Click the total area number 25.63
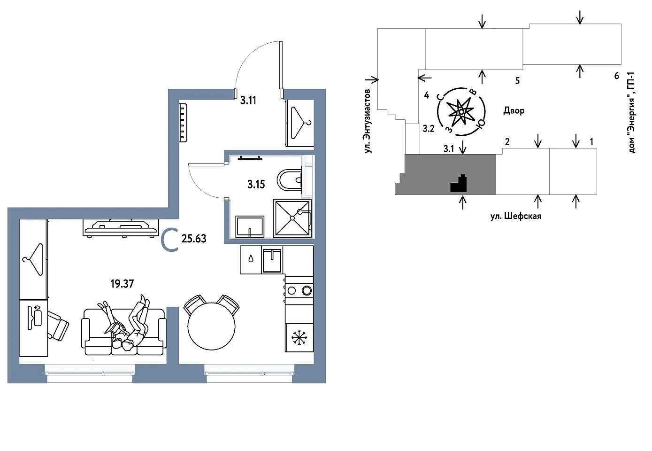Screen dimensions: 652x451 click(194, 239)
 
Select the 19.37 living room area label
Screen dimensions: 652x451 click(122, 283)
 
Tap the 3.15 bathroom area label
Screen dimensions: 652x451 click(256, 184)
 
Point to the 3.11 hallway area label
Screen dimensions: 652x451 click(248, 100)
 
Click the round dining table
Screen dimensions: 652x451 click(211, 327)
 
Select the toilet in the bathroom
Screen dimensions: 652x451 click(290, 180)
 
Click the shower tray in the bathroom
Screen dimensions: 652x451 click(292, 218)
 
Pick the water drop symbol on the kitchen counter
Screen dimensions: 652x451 click(251, 259)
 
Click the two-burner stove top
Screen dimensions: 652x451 click(299, 290)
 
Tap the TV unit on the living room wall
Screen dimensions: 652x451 click(121, 227)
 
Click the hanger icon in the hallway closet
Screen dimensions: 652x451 click(300, 123)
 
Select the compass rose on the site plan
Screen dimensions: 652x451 click(461, 112)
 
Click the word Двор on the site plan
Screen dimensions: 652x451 click(514, 111)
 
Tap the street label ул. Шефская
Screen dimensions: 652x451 click(515, 216)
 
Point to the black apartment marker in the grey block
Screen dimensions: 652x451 click(459, 184)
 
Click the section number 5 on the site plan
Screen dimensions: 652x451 click(517, 81)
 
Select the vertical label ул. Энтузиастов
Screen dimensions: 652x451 click(368, 121)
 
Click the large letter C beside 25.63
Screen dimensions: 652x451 click(169, 240)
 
